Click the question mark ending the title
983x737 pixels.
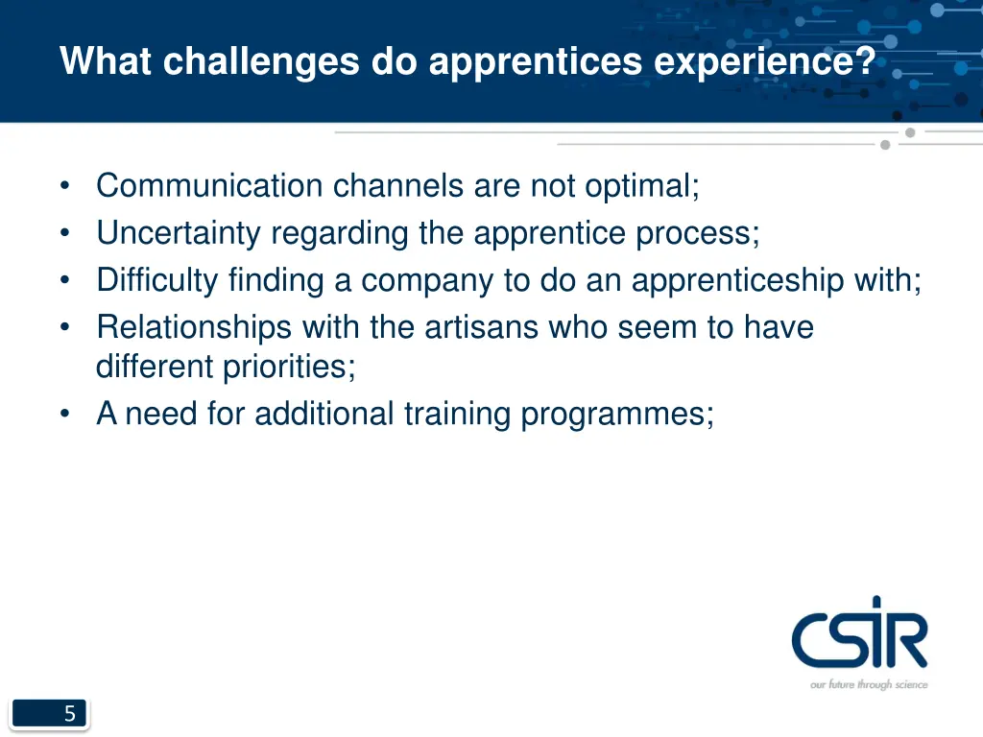pyautogui.click(x=864, y=62)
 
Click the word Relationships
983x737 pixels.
pyautogui.click(x=194, y=327)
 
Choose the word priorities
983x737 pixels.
pyautogui.click(x=289, y=367)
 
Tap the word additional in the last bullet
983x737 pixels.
pyautogui.click(x=324, y=414)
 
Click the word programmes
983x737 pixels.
pyautogui.click(x=616, y=415)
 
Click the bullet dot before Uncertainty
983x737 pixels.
pyautogui.click(x=64, y=234)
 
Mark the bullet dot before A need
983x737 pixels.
pyautogui.click(x=64, y=415)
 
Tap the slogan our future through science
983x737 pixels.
pyautogui.click(x=869, y=684)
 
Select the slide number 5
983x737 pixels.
pyautogui.click(x=69, y=714)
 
